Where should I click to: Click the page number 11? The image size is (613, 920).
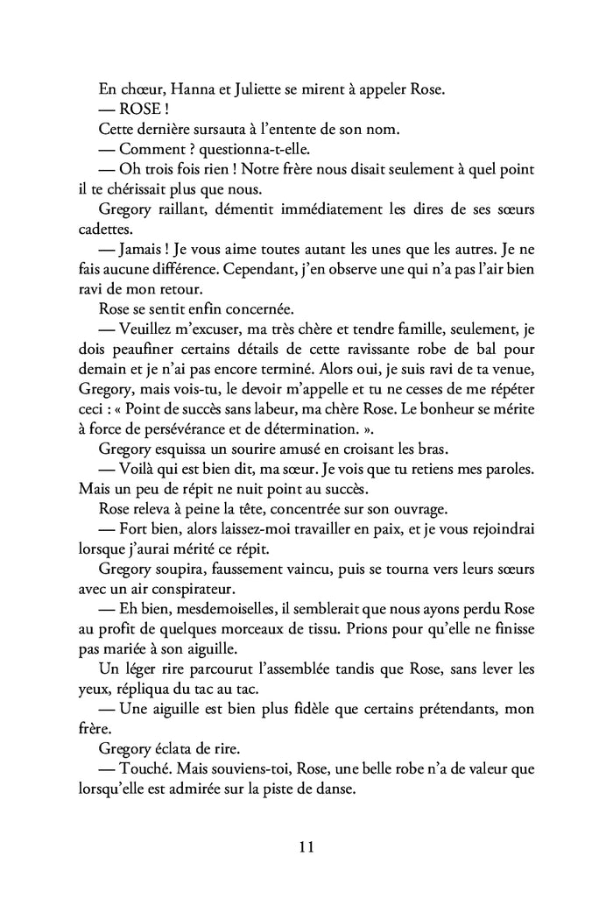(306, 847)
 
